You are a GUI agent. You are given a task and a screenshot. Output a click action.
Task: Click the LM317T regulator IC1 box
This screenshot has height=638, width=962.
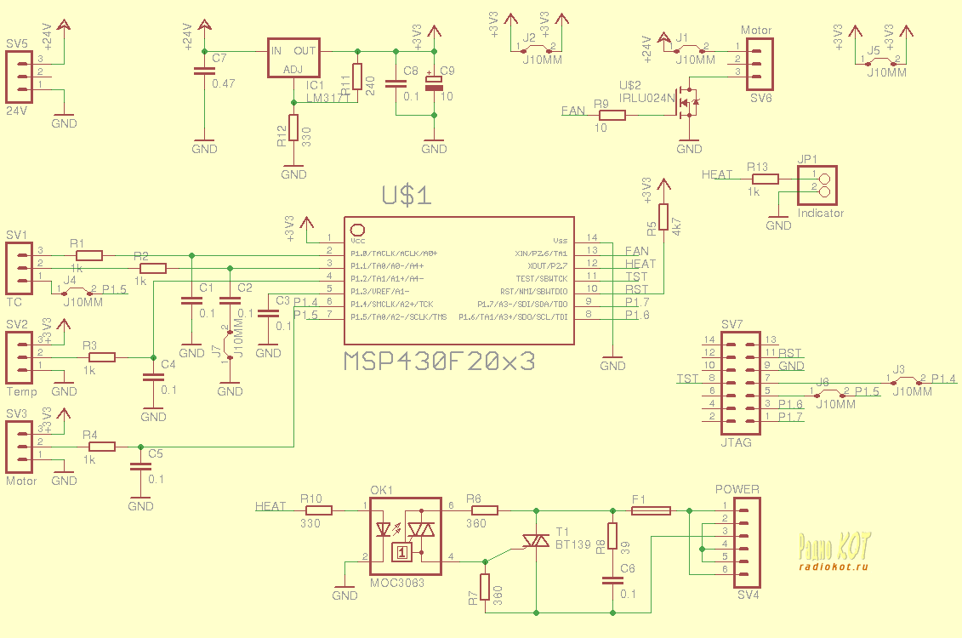click(x=293, y=59)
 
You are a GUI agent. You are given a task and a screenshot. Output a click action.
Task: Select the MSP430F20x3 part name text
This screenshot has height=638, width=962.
click(x=440, y=361)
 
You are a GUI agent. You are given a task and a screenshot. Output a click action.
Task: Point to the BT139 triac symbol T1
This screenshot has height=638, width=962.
click(x=536, y=541)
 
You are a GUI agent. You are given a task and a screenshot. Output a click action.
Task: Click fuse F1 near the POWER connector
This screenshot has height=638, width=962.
click(x=651, y=510)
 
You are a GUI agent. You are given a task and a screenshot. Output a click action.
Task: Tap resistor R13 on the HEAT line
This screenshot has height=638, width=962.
click(x=763, y=179)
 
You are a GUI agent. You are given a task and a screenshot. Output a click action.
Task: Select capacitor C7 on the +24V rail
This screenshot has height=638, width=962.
click(x=204, y=71)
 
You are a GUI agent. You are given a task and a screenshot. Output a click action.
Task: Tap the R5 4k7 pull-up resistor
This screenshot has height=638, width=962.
click(x=663, y=217)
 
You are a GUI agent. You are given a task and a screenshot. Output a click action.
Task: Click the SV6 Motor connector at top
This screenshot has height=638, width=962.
click(x=759, y=64)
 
